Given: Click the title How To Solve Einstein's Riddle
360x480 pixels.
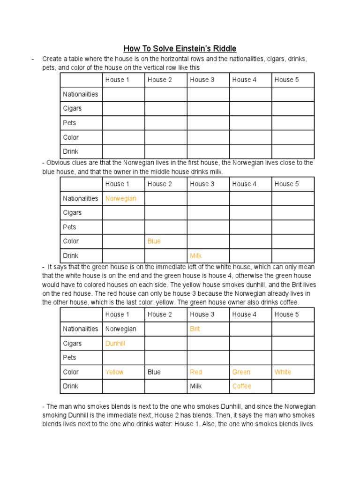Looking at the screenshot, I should click(180, 48).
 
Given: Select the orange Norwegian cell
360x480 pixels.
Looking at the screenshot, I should click(120, 198).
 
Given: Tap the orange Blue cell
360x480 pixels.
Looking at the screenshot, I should click(154, 241).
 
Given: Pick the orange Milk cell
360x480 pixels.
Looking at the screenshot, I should click(196, 255).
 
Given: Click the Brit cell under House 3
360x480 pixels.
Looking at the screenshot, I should click(195, 329).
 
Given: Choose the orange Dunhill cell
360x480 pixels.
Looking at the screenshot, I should click(115, 343).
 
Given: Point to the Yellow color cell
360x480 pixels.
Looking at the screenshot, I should click(114, 372).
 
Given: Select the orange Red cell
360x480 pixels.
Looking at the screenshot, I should click(196, 372).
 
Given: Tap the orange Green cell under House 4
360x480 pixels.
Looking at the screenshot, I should click(241, 372).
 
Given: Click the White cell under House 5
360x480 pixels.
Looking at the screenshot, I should click(283, 372).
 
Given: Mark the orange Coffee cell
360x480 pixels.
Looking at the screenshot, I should click(241, 386).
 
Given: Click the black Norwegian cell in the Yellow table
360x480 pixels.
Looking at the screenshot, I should click(120, 329).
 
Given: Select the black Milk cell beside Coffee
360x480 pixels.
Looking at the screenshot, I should click(196, 386).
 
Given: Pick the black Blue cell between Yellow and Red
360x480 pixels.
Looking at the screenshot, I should click(154, 372).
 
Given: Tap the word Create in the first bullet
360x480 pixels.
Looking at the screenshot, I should click(52, 59).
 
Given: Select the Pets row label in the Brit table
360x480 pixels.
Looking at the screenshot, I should click(69, 357).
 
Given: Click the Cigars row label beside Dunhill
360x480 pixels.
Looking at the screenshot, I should click(72, 343).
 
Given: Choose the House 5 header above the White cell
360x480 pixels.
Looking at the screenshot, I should click(286, 314).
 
